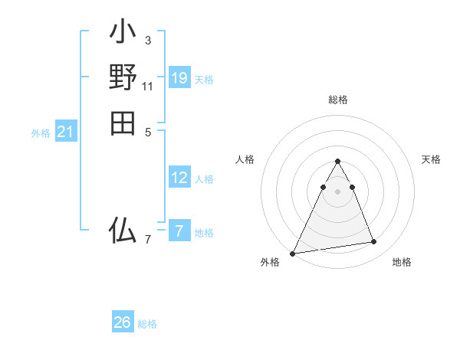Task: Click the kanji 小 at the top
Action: click(123, 33)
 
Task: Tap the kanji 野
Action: click(123, 77)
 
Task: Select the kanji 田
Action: click(123, 123)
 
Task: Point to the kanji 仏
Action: click(123, 231)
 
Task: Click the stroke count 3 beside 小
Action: click(147, 40)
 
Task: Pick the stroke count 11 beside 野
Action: click(147, 86)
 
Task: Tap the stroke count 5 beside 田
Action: click(147, 131)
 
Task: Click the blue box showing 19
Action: click(179, 78)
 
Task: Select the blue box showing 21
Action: click(66, 133)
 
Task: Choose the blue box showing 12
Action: click(179, 178)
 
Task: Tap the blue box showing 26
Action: click(123, 322)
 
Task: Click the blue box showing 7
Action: click(179, 231)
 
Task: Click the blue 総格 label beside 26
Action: click(147, 324)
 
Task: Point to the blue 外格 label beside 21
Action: click(41, 133)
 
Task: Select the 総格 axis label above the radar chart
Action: click(338, 100)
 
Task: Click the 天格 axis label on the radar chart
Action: click(431, 159)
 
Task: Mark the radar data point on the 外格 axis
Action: click(293, 254)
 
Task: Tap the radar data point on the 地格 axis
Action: click(374, 242)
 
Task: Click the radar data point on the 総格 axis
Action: click(338, 162)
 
